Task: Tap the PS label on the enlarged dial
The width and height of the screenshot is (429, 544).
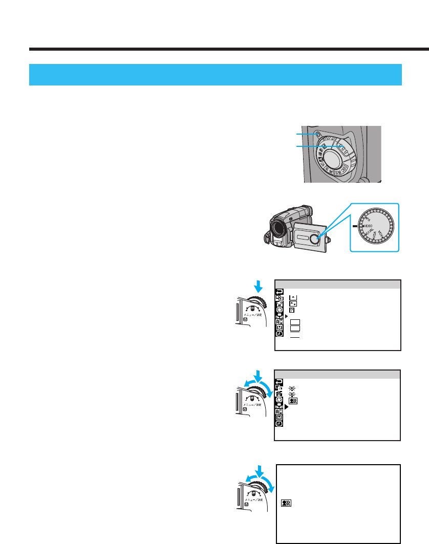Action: (367, 216)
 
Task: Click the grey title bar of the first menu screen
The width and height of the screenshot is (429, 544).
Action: (337, 285)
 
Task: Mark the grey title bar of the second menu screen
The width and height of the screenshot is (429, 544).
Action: (337, 374)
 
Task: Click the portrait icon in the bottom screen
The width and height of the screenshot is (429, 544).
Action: (286, 504)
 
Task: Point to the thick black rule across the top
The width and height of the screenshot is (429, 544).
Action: (229, 50)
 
